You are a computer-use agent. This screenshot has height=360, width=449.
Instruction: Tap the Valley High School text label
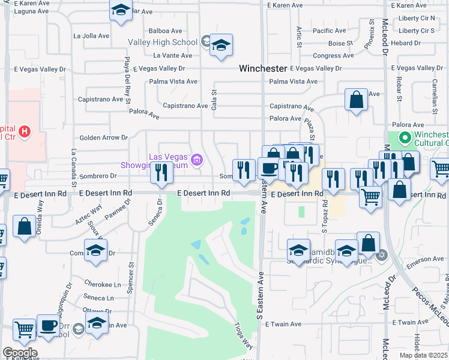tap(162, 42)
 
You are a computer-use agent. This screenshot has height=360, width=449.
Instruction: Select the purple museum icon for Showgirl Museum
tap(196, 160)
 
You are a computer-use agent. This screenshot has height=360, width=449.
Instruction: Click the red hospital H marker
tap(24, 131)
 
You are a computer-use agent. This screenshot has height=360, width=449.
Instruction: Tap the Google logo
tap(19, 353)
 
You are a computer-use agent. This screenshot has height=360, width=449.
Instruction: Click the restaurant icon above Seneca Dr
tap(161, 173)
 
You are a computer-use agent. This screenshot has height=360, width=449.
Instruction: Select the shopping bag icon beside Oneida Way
tap(25, 226)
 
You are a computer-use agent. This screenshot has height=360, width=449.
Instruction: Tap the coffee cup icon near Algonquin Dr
tap(49, 326)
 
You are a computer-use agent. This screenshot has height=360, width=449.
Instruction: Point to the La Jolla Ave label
tap(91, 36)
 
